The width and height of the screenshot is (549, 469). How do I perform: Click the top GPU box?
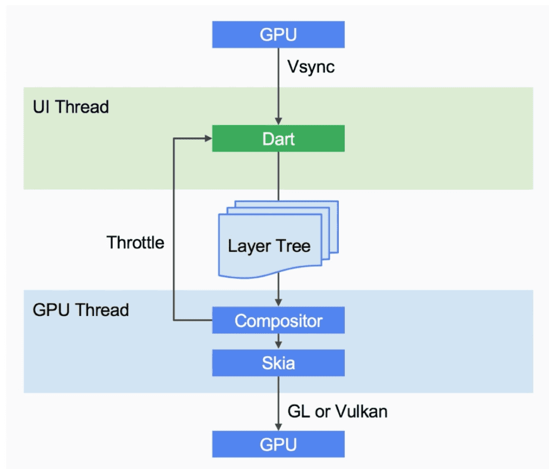(x=278, y=35)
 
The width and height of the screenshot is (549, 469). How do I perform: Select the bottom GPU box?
(x=278, y=444)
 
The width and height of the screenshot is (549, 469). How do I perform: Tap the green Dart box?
(x=278, y=138)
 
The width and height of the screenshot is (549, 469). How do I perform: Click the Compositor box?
(x=278, y=321)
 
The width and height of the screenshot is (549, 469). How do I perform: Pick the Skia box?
(x=278, y=363)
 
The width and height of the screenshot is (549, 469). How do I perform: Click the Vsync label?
(x=311, y=66)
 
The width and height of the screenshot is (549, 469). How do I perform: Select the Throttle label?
(x=135, y=243)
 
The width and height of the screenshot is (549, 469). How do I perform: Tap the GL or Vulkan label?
(x=337, y=411)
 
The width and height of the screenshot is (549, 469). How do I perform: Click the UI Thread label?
(x=71, y=107)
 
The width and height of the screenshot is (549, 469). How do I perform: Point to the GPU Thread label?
(x=81, y=309)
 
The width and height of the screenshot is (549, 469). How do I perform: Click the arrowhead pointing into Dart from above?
(x=278, y=122)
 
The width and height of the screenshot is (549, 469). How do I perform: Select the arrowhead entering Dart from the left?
(x=208, y=138)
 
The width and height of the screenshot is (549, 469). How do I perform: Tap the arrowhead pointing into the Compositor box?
(x=278, y=303)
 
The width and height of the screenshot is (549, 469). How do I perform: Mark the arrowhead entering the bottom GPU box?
(x=278, y=427)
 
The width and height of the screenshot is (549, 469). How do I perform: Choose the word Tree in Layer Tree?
(x=293, y=246)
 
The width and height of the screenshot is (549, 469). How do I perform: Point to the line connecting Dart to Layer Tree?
(x=278, y=175)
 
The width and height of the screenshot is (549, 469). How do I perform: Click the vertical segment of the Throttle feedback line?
(x=174, y=228)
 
